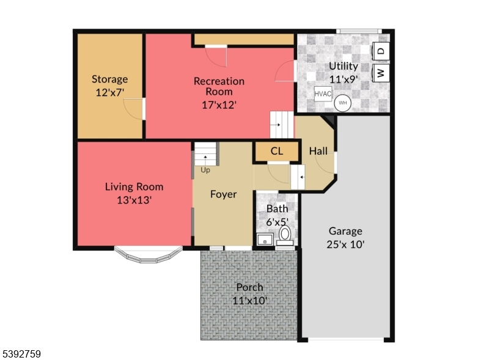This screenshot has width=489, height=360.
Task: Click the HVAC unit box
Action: point(323,94)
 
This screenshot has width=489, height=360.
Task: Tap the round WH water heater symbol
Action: point(342,102)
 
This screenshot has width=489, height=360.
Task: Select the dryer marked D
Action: point(380,51)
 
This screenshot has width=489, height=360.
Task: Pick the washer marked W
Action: point(380,73)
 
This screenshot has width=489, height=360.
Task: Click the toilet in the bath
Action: point(285,235)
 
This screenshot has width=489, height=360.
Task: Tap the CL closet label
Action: point(276,151)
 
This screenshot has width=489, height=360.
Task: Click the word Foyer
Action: point(223,194)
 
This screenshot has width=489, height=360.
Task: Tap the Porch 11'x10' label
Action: point(249,293)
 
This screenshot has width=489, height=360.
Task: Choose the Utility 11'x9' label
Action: point(344,72)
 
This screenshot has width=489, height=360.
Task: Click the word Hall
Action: point(318,151)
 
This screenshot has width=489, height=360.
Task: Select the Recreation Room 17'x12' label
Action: point(219,92)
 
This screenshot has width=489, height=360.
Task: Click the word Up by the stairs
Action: point(205,170)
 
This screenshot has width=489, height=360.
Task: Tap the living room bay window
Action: point(149,255)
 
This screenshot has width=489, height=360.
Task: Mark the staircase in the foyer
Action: point(206,154)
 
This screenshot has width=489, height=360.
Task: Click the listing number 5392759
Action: point(22,353)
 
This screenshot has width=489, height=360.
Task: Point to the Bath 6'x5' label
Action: point(277,215)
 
